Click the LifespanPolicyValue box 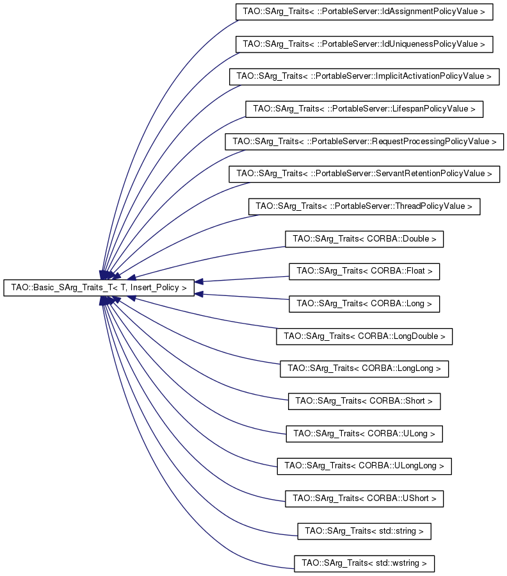click(364, 109)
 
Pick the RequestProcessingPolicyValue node click(364, 142)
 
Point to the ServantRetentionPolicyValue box click(364, 174)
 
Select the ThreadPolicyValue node click(364, 206)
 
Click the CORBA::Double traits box click(364, 239)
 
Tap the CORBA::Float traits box click(364, 272)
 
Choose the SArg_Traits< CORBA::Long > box click(364, 304)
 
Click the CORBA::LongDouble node click(364, 336)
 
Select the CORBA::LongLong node click(364, 368)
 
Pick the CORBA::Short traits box click(364, 401)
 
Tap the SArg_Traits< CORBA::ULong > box click(364, 434)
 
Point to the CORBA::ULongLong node click(364, 466)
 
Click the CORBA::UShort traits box click(364, 498)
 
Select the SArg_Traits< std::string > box click(364, 531)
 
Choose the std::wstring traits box click(364, 564)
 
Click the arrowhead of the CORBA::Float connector click(199, 281)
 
